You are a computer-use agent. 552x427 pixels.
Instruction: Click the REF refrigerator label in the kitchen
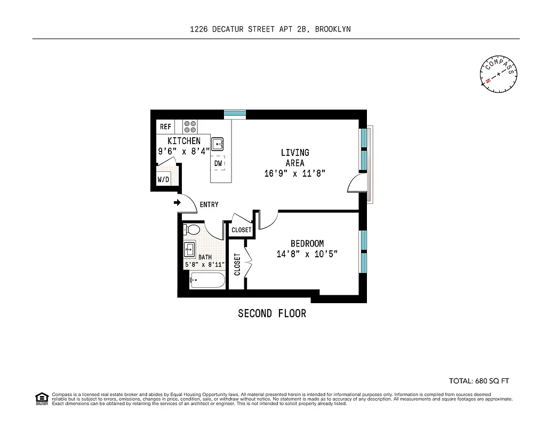pyautogui.click(x=165, y=127)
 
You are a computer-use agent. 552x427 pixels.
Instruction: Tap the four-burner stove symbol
pyautogui.click(x=190, y=126)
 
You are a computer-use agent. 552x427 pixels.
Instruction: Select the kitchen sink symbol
pyautogui.click(x=218, y=144)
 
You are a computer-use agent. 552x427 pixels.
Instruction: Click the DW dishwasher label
pyautogui.click(x=218, y=163)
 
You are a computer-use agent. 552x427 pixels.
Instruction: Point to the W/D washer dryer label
pyautogui.click(x=163, y=180)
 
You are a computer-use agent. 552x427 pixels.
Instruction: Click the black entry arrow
pyautogui.click(x=177, y=202)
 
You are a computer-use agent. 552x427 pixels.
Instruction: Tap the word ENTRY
pyautogui.click(x=209, y=205)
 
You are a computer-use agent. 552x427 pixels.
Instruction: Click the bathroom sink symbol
pyautogui.click(x=189, y=249)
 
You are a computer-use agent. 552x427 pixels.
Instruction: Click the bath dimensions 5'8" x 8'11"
pyautogui.click(x=205, y=264)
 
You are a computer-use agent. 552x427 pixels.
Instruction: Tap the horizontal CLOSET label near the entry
pyautogui.click(x=241, y=230)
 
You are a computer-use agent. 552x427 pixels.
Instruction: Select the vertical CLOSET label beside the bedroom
pyautogui.click(x=237, y=264)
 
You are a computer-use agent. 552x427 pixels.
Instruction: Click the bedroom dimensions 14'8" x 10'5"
pyautogui.click(x=307, y=254)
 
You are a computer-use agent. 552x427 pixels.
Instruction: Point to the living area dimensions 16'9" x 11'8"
pyautogui.click(x=294, y=173)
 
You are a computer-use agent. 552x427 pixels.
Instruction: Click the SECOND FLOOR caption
pyautogui.click(x=272, y=313)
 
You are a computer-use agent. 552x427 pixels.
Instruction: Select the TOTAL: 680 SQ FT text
pyautogui.click(x=479, y=381)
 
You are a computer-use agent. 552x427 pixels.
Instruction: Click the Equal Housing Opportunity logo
pyautogui.click(x=41, y=398)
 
